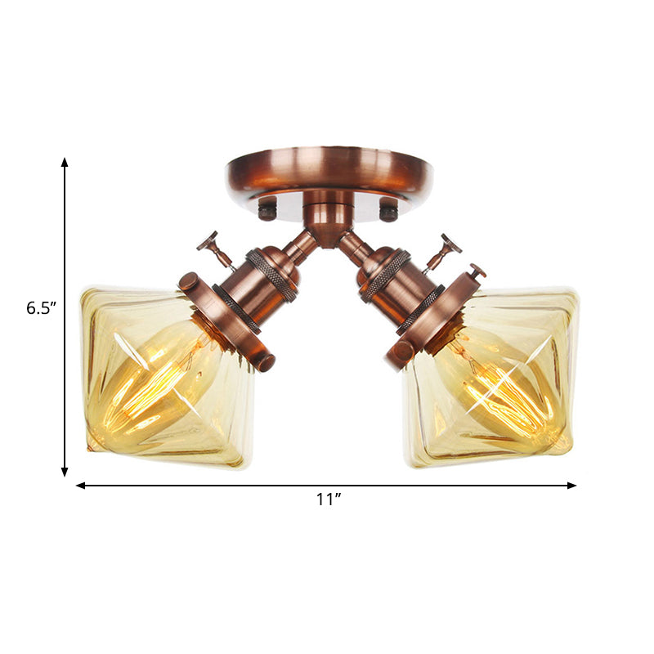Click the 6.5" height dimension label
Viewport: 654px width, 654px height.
39,308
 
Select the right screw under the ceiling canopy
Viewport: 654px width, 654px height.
389,213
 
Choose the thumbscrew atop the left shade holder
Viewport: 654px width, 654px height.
190,282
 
